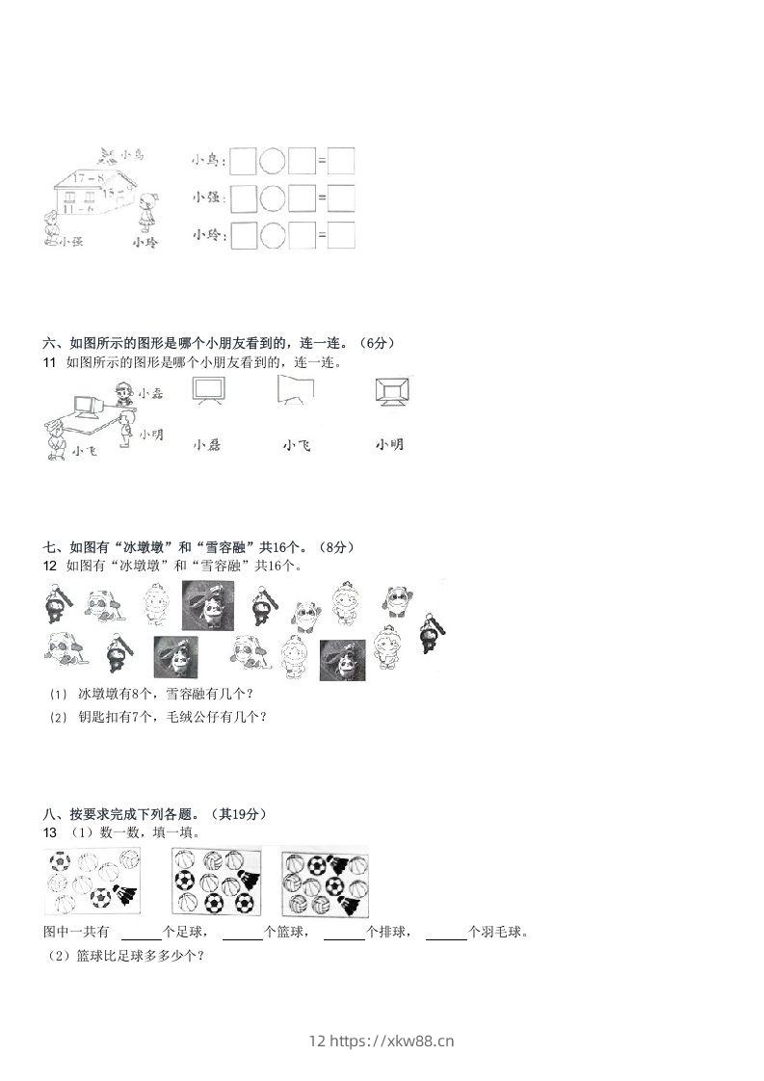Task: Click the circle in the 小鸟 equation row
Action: (x=273, y=161)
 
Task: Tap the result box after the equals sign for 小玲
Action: (x=340, y=235)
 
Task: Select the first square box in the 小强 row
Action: (x=245, y=198)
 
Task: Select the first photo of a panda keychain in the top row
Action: (x=208, y=604)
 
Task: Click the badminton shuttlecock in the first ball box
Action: (x=125, y=895)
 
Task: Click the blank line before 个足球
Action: (x=142, y=932)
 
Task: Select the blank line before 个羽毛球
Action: (x=446, y=932)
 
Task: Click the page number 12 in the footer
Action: (x=318, y=1041)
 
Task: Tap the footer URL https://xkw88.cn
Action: (x=392, y=1041)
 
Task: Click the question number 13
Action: (x=51, y=831)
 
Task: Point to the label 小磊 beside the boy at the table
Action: (x=149, y=393)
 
